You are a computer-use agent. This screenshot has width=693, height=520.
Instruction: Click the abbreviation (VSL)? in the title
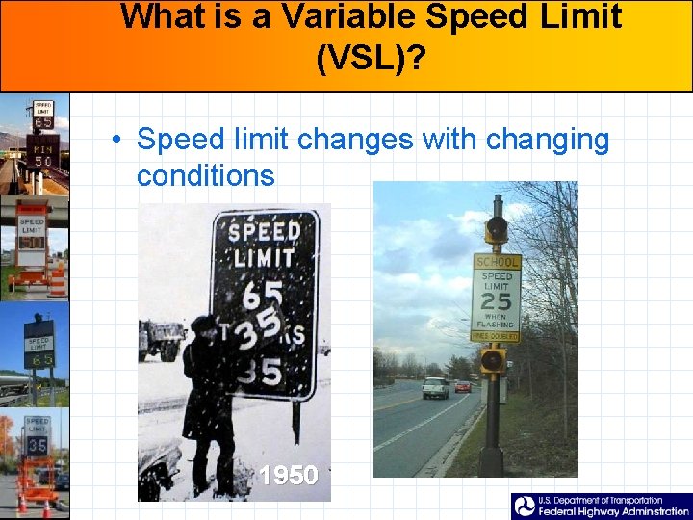pyautogui.click(x=370, y=59)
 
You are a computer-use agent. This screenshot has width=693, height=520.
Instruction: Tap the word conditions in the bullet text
pyautogui.click(x=205, y=175)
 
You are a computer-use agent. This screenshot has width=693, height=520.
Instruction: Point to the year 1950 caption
pyautogui.click(x=289, y=475)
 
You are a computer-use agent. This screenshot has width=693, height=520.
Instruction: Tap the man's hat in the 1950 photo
pyautogui.click(x=205, y=324)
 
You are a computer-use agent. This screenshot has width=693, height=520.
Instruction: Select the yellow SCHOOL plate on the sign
pyautogui.click(x=497, y=261)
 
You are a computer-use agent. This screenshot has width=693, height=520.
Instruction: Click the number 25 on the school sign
pyautogui.click(x=496, y=300)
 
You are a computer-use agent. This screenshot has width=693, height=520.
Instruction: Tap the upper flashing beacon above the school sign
pyautogui.click(x=497, y=229)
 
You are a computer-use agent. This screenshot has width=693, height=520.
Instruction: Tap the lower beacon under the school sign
pyautogui.click(x=493, y=360)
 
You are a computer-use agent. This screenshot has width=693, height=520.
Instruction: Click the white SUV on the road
pyautogui.click(x=435, y=387)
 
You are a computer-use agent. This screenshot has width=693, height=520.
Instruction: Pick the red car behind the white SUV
pyautogui.click(x=463, y=385)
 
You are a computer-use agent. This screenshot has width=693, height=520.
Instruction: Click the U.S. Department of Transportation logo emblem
pyautogui.click(x=525, y=507)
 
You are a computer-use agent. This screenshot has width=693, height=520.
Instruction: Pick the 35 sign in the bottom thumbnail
pyautogui.click(x=38, y=446)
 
